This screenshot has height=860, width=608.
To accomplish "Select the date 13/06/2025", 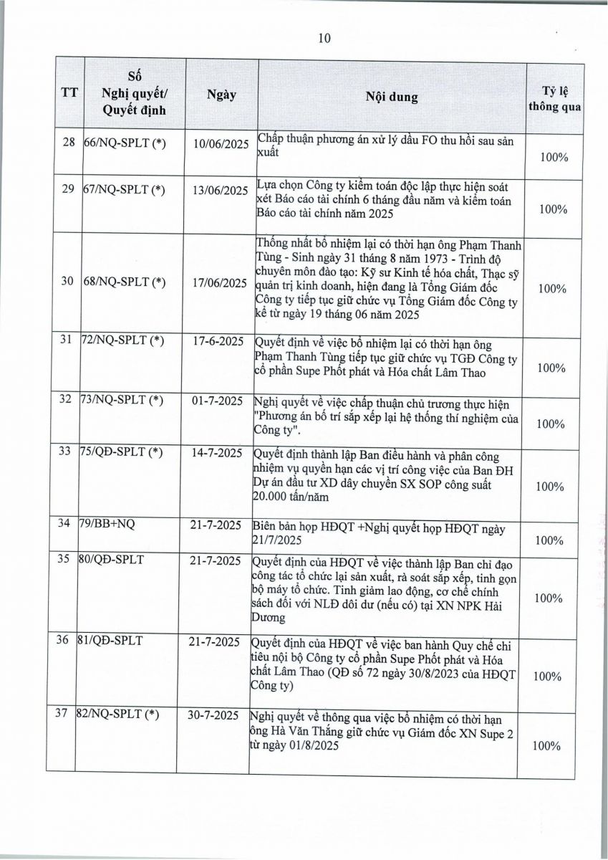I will (221, 190).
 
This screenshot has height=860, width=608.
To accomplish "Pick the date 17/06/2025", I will (221, 282).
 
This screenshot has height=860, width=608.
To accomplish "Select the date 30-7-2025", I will (221, 715).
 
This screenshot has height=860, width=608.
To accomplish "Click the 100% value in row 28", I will (553, 156).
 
